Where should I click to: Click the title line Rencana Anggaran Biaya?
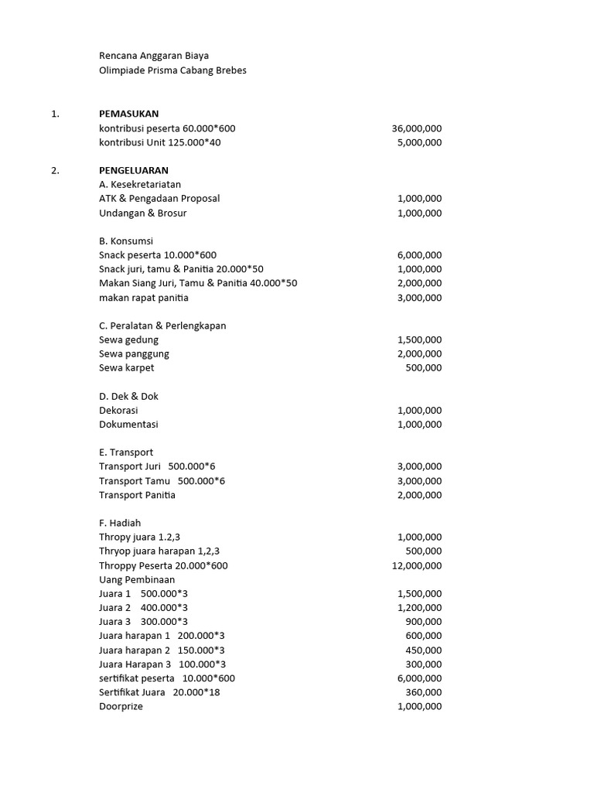click(153, 56)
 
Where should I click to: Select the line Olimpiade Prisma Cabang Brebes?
click(172, 70)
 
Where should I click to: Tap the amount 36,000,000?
click(417, 128)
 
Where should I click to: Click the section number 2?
click(55, 170)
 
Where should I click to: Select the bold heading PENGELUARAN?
click(133, 170)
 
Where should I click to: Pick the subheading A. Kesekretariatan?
click(139, 185)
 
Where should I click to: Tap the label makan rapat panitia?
click(143, 298)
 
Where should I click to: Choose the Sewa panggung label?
click(134, 354)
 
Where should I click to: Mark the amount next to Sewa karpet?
click(424, 368)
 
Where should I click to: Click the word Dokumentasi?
click(128, 425)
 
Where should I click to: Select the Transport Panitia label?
click(137, 495)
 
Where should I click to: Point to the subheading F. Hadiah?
click(120, 523)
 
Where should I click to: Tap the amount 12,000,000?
click(417, 565)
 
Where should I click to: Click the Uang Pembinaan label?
click(137, 579)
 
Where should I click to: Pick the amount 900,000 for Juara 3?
click(424, 622)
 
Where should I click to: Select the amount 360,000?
click(424, 692)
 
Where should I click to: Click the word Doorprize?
click(121, 706)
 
